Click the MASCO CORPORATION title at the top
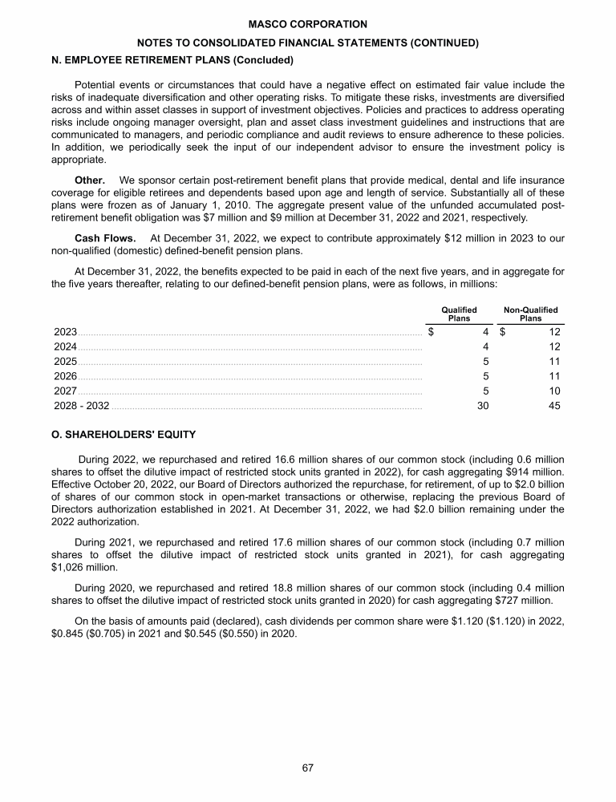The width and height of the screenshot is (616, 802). pos(308,25)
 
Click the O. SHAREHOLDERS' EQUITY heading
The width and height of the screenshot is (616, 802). pos(124,435)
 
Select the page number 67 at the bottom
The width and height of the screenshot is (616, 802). pos(307,768)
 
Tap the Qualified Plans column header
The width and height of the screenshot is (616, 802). pos(459,314)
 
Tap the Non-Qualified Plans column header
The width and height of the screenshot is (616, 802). pos(530,314)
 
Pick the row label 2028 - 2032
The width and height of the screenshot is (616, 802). pos(82,406)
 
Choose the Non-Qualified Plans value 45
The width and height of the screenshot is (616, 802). pos(553,406)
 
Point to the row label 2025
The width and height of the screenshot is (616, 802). pos(65,361)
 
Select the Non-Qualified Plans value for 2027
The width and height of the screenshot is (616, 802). pos(553,391)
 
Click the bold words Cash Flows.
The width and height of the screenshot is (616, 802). pos(103,238)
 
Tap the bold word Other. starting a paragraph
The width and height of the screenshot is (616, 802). pos(90,180)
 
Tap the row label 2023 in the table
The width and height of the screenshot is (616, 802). pos(65,331)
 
